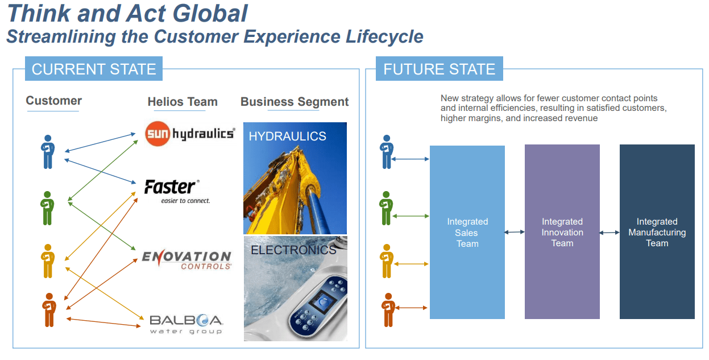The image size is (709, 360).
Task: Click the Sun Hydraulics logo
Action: point(190,134)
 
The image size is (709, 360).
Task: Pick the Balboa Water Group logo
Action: point(186,324)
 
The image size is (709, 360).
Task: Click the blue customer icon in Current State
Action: point(48,152)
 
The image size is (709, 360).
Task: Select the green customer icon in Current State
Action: point(48,208)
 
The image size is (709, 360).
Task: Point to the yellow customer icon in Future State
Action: point(388,261)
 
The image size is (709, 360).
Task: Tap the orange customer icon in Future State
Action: point(388,310)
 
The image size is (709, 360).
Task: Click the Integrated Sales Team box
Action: point(467,232)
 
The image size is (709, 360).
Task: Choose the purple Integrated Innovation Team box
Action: point(562,232)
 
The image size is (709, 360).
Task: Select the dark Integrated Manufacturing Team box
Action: point(657,232)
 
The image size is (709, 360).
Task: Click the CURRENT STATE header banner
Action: point(94,69)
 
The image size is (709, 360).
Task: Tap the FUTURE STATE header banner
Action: point(439,69)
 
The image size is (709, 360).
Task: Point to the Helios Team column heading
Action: point(183,102)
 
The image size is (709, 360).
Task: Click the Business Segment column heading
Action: point(295,102)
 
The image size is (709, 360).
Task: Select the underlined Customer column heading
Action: point(53,101)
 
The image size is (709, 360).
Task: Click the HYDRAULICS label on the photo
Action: point(287,136)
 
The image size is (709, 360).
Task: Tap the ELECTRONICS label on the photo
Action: point(293,250)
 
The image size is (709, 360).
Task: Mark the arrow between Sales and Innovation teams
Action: point(515,232)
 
